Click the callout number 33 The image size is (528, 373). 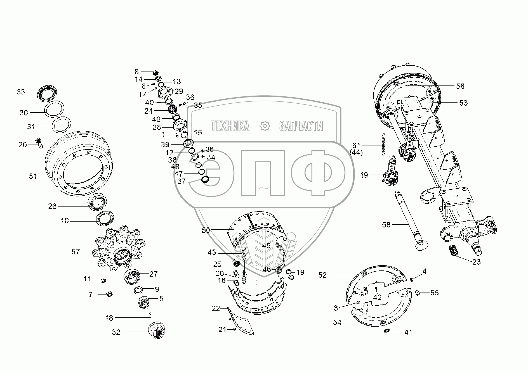(x=21, y=92)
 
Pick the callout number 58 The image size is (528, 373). (x=386, y=225)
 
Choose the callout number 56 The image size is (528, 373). (x=460, y=86)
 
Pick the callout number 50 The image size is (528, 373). (x=206, y=230)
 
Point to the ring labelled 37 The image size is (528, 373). (x=205, y=179)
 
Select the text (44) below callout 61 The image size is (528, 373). (x=356, y=153)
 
